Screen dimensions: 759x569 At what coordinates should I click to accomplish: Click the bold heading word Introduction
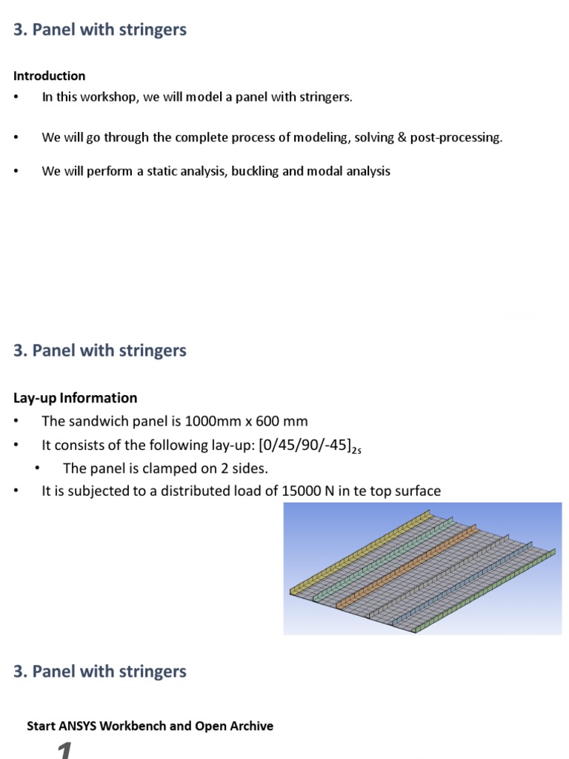49,76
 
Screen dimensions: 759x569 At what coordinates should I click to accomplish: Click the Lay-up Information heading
75,398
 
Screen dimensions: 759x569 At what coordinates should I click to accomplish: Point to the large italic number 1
65,750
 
